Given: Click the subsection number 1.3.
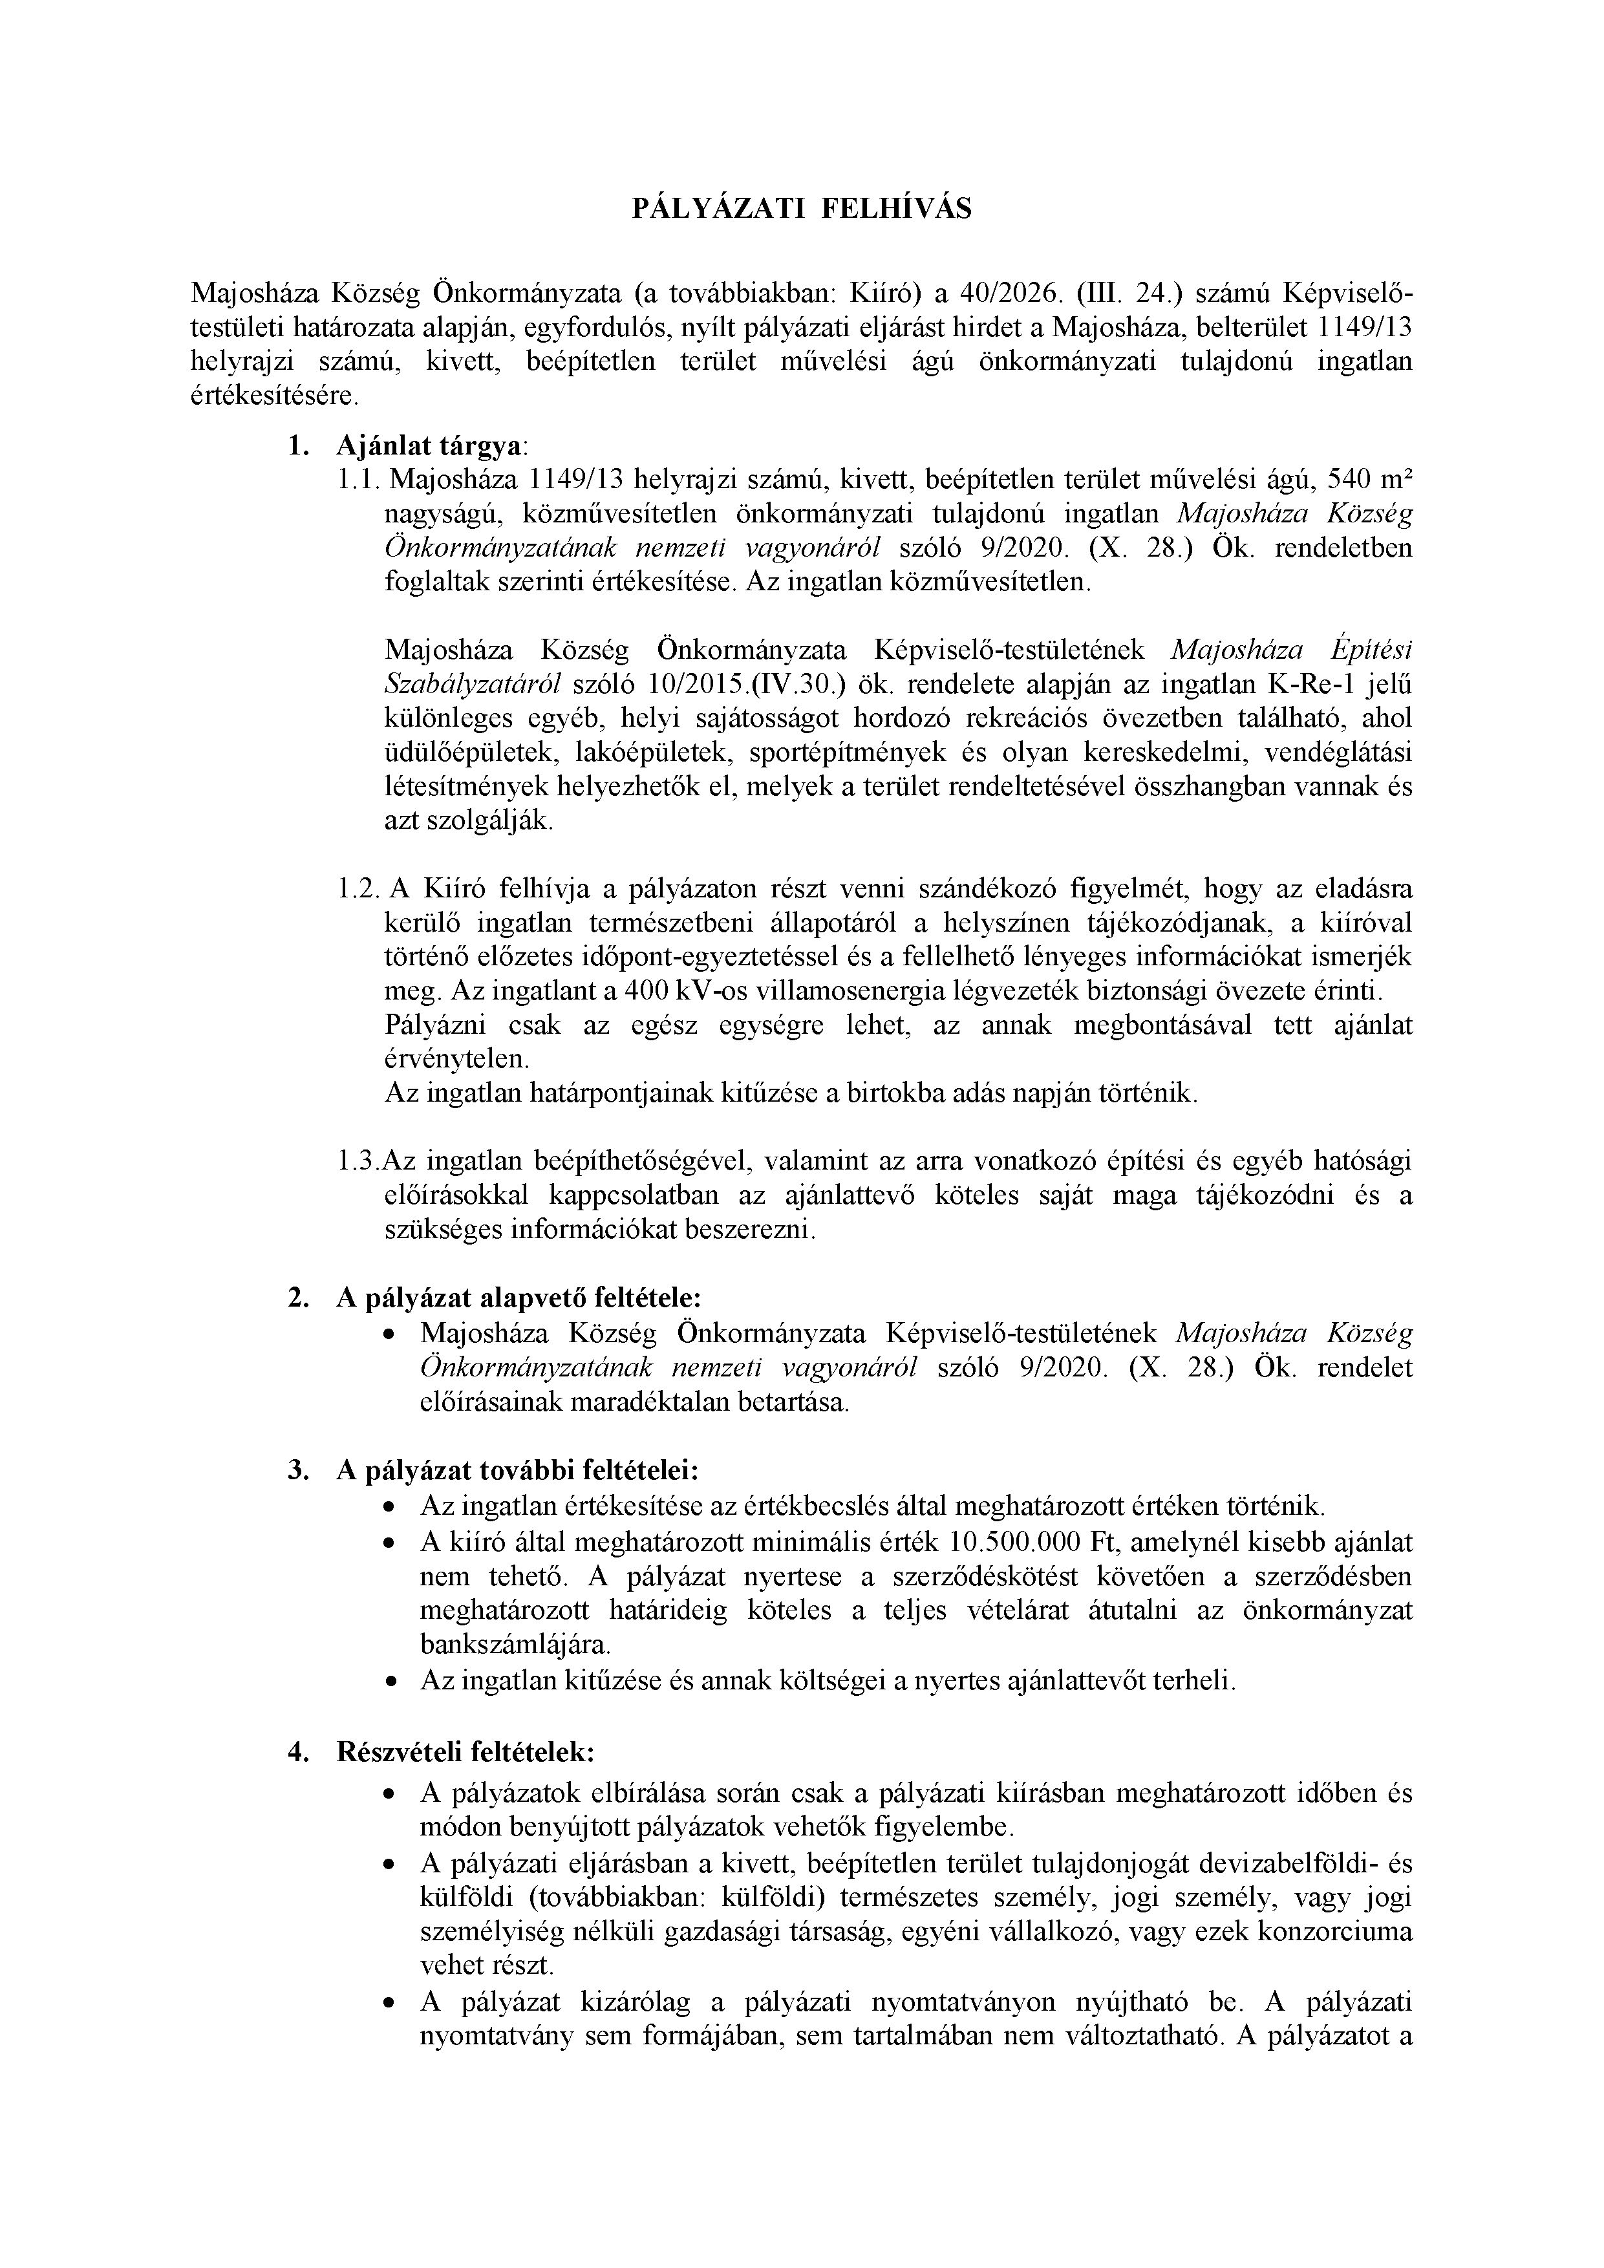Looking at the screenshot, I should pyautogui.click(x=358, y=1162).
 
